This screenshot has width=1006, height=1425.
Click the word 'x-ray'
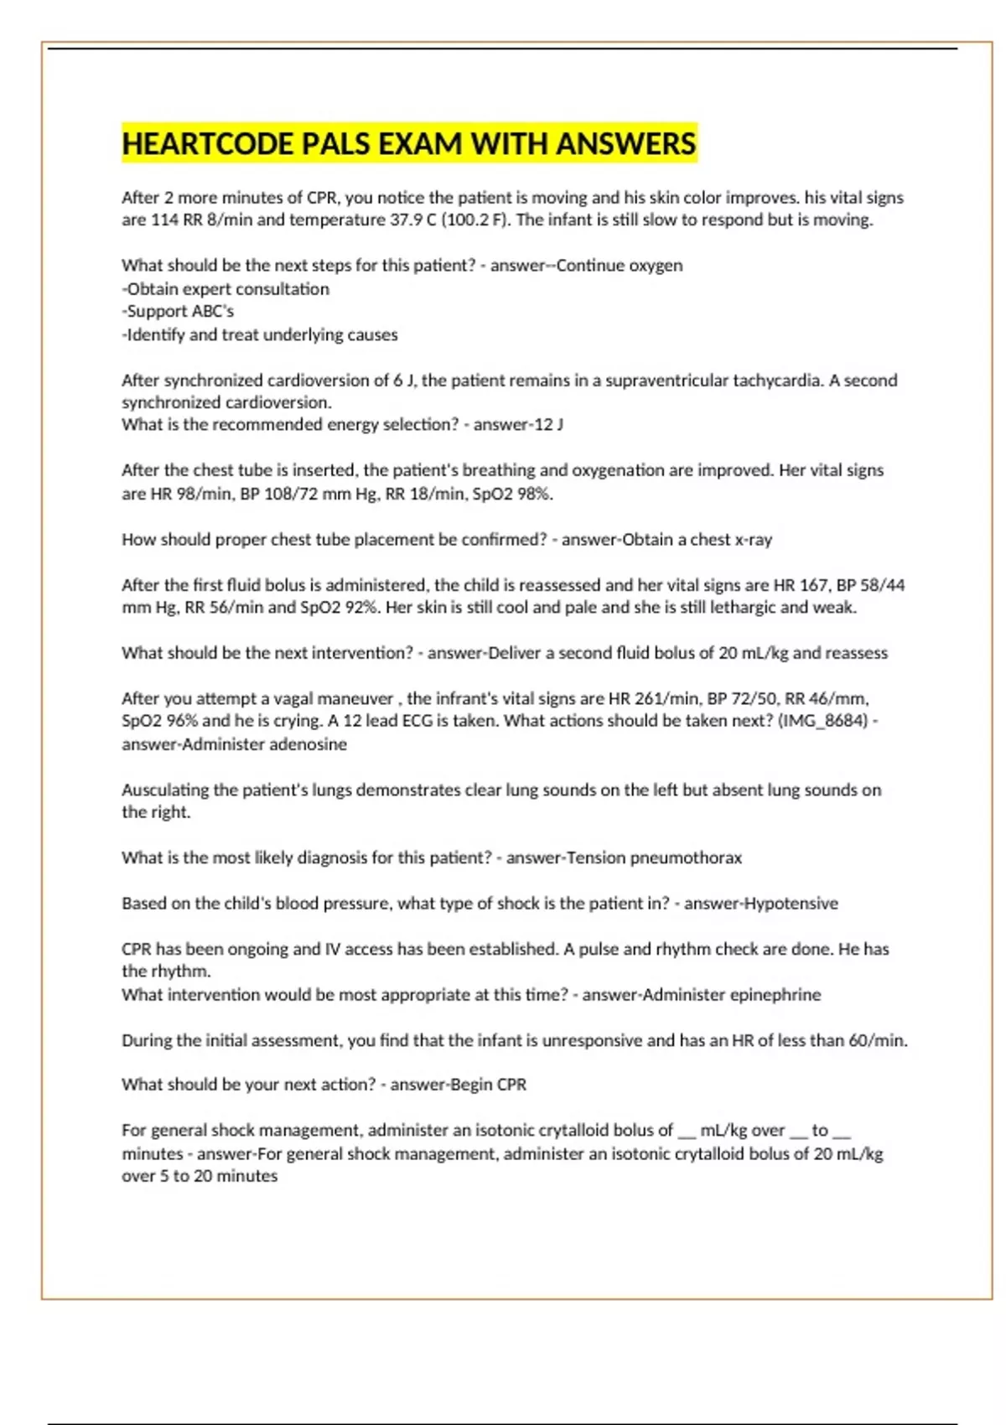pos(752,539)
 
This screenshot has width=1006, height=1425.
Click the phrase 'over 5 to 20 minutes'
pos(200,1176)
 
